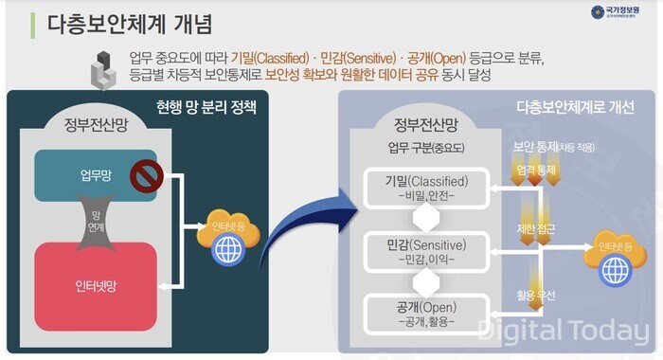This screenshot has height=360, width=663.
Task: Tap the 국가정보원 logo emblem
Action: (598, 12)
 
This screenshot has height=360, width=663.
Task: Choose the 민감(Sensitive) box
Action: (420, 251)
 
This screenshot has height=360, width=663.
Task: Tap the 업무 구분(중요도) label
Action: (423, 148)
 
